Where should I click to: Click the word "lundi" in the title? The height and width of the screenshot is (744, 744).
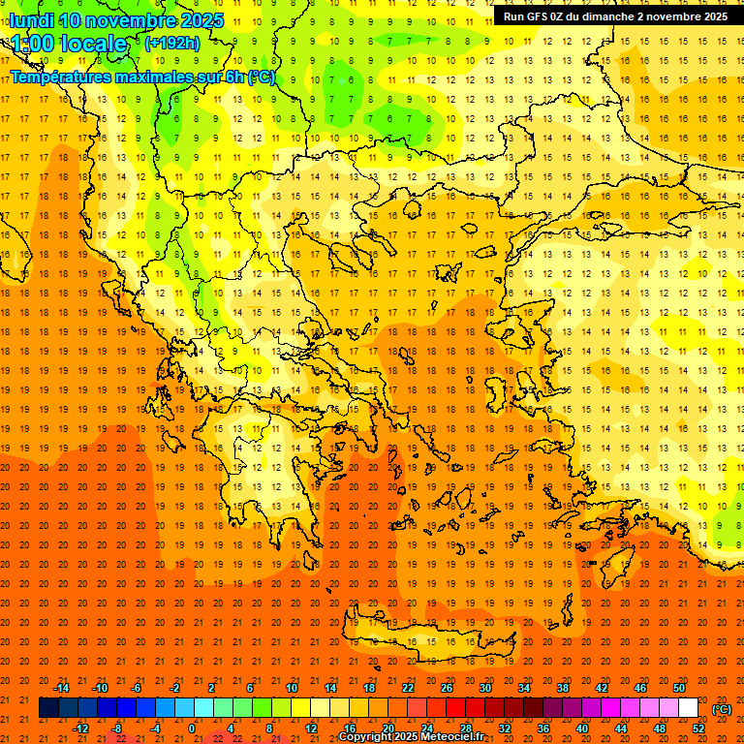pyautogui.click(x=31, y=20)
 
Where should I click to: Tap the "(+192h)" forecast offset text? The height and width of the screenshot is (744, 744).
pyautogui.click(x=172, y=43)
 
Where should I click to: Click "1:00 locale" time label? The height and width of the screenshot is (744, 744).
pyautogui.click(x=69, y=44)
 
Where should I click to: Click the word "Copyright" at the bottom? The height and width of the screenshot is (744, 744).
pyautogui.click(x=371, y=737)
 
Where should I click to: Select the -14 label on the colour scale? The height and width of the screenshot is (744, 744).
pyautogui.click(x=61, y=688)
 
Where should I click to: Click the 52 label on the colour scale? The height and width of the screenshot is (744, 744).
pyautogui.click(x=698, y=728)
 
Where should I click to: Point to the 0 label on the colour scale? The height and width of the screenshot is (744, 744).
pyautogui.click(x=192, y=728)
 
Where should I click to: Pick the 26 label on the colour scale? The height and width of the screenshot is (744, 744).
pyautogui.click(x=447, y=688)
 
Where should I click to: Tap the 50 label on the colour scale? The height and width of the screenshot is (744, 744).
pyautogui.click(x=679, y=688)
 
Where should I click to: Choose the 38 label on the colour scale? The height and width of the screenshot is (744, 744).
pyautogui.click(x=563, y=688)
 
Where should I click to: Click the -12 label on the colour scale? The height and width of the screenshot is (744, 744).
pyautogui.click(x=80, y=728)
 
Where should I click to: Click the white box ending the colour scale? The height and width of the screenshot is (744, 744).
pyautogui.click(x=689, y=708)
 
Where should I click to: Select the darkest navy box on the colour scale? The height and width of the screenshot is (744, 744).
pyautogui.click(x=48, y=708)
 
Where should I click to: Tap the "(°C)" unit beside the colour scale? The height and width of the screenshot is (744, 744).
pyautogui.click(x=722, y=709)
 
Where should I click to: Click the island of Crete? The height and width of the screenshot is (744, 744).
pyautogui.click(x=431, y=642)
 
